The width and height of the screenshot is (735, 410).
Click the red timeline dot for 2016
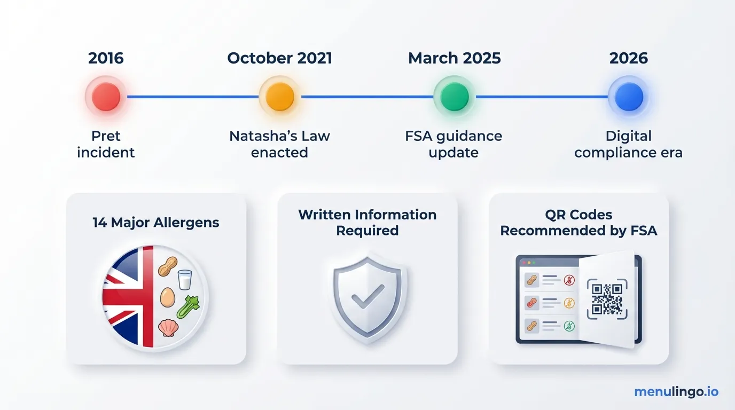click(x=106, y=97)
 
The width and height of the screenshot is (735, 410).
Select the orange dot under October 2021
click(x=280, y=97)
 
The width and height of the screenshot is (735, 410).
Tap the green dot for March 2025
click(x=455, y=97)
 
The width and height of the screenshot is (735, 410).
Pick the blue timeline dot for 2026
click(x=629, y=97)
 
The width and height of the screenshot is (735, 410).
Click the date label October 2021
click(x=280, y=58)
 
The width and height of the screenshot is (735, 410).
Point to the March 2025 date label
click(x=455, y=58)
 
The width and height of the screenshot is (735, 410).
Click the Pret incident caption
click(x=106, y=144)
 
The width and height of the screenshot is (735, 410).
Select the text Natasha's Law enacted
click(x=280, y=144)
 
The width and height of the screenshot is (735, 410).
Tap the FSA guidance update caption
click(x=454, y=144)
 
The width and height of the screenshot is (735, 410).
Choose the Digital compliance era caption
click(x=629, y=144)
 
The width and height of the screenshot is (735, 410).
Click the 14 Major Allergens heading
click(x=156, y=223)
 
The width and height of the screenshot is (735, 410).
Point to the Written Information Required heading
click(x=367, y=223)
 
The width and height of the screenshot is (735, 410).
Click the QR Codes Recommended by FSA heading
click(x=578, y=223)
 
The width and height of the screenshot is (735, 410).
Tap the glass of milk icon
click(x=185, y=279)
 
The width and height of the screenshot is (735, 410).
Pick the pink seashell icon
click(x=167, y=327)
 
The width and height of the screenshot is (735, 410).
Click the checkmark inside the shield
click(x=367, y=294)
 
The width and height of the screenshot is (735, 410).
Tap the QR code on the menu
click(x=607, y=299)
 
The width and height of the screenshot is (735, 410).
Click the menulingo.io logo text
click(x=676, y=392)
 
